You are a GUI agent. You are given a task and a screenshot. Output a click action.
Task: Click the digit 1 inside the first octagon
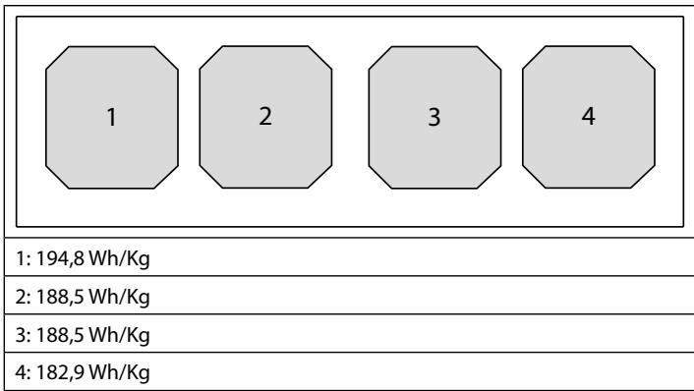pyautogui.click(x=112, y=117)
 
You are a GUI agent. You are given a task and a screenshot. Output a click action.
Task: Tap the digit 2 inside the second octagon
pyautogui.click(x=265, y=116)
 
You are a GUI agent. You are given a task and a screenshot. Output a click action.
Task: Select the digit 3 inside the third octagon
pyautogui.click(x=434, y=117)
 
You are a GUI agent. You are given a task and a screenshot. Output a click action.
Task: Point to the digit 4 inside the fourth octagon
pyautogui.click(x=588, y=116)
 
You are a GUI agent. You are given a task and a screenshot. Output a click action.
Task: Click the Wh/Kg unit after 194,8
pyautogui.click(x=120, y=259)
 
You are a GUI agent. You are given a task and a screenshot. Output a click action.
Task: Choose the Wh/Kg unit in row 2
pyautogui.click(x=120, y=298)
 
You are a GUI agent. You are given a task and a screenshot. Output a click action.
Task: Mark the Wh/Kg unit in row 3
pyautogui.click(x=120, y=336)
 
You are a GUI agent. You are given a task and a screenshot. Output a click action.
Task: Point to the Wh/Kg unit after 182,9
pyautogui.click(x=120, y=373)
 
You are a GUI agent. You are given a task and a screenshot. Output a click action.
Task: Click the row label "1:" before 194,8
pyautogui.click(x=24, y=258)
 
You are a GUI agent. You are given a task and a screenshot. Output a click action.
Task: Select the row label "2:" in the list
pyautogui.click(x=24, y=297)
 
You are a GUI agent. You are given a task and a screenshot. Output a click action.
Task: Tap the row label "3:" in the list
pyautogui.click(x=24, y=335)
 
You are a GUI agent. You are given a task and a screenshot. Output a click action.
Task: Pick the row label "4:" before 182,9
pyautogui.click(x=24, y=372)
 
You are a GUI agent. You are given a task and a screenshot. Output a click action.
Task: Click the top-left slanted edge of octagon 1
pyautogui.click(x=57, y=58)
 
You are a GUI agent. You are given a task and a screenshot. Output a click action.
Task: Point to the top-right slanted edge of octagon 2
pyautogui.click(x=320, y=58)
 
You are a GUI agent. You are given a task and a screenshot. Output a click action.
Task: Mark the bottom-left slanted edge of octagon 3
pyautogui.click(x=380, y=178)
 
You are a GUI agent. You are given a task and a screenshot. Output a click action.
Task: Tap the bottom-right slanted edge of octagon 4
pyautogui.click(x=643, y=177)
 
